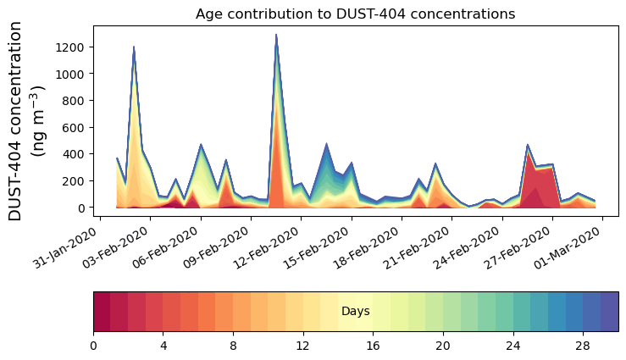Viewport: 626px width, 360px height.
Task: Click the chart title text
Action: point(355,14)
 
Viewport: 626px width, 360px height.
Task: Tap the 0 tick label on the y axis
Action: point(81,208)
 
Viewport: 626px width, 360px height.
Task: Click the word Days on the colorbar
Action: point(355,312)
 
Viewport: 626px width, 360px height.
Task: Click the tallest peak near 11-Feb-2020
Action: point(276,36)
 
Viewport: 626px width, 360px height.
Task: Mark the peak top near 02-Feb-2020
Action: point(134,47)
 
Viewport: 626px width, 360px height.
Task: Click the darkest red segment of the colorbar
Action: point(102,312)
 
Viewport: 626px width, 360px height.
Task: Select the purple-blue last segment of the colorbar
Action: point(609,312)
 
